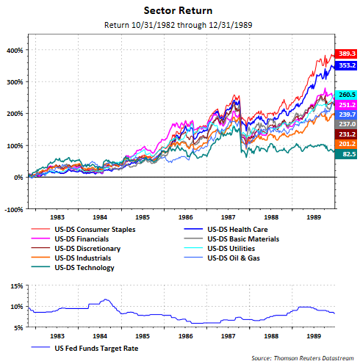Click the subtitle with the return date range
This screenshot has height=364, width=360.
pos(179,27)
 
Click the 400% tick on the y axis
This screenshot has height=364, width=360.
pos(14,51)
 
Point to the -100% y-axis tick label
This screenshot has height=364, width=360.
pos(12,209)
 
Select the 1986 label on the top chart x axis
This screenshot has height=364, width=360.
pos(185,218)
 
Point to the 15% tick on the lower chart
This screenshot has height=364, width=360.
pos(15,285)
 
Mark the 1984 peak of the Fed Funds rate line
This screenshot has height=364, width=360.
pos(106,299)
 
